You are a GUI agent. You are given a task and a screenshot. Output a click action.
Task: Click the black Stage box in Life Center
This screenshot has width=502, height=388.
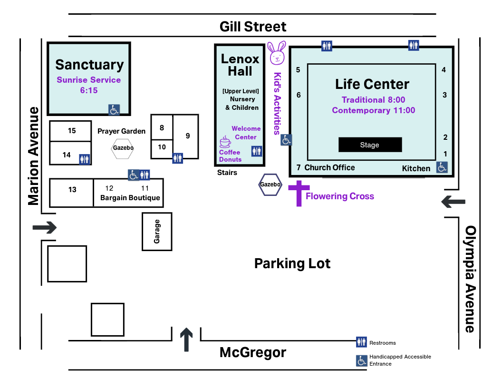click(370, 145)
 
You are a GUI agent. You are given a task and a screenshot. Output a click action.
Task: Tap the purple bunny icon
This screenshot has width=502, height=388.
click(277, 53)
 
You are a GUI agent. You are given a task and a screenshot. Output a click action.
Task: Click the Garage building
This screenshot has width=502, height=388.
click(157, 232)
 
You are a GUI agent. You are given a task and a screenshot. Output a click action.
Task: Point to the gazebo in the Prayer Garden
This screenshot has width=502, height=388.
click(123, 148)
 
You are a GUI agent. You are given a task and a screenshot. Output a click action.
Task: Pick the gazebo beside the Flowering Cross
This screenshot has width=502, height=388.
click(270, 184)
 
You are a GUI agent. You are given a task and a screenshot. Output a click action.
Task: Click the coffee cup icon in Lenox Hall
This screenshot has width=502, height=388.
click(225, 142)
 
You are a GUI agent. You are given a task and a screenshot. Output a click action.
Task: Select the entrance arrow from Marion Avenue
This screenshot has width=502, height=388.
click(44, 228)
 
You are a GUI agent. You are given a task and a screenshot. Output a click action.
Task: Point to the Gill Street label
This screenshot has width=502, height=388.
click(253, 27)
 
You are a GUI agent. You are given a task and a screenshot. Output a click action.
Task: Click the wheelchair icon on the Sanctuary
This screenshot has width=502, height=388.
click(114, 110)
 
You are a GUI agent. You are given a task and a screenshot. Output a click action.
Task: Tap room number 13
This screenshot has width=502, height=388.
click(72, 190)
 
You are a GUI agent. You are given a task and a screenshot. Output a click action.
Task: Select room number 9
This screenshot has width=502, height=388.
click(188, 136)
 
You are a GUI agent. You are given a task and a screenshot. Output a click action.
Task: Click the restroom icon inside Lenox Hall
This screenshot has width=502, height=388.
click(257, 151)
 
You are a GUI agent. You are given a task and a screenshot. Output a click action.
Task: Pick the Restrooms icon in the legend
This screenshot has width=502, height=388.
click(362, 342)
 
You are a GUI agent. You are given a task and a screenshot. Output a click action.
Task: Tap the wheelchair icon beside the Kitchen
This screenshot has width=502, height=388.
click(442, 167)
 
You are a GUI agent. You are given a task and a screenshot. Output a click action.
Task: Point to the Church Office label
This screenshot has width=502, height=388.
click(329, 167)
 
